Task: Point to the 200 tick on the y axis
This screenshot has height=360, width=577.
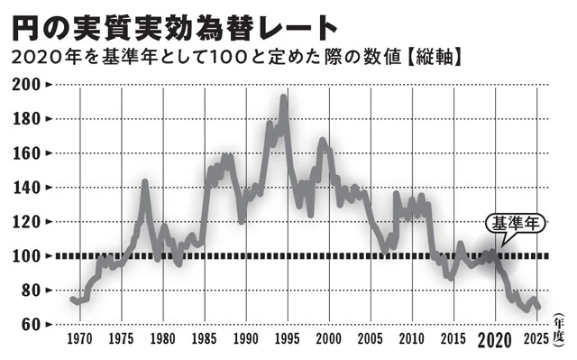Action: (27, 85)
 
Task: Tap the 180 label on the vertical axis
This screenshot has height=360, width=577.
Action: (27, 119)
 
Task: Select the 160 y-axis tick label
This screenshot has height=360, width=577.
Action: (27, 153)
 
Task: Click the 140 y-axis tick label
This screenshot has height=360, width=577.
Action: (27, 188)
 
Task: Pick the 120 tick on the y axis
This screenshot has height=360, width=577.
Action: (27, 222)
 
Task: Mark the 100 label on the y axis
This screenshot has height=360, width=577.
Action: (27, 256)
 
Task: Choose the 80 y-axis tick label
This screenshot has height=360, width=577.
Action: (32, 291)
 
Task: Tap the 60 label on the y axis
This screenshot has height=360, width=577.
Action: (32, 324)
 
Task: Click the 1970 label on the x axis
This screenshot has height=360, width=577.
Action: (80, 341)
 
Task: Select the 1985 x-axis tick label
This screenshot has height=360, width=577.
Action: (204, 341)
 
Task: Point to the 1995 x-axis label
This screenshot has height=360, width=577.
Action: (287, 341)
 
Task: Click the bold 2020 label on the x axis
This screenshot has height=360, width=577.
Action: (494, 342)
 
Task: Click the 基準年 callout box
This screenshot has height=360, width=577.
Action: (516, 224)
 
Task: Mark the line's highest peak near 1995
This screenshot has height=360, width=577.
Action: (284, 97)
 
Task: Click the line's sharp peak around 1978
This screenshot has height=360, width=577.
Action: (144, 183)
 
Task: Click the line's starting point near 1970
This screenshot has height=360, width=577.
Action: (72, 299)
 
